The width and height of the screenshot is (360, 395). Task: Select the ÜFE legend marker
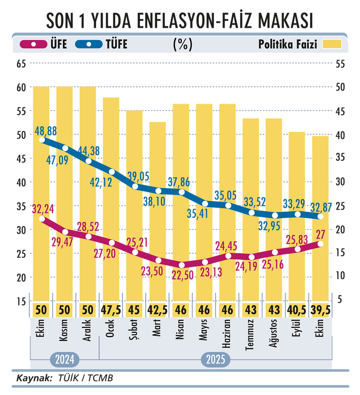pos(34,44)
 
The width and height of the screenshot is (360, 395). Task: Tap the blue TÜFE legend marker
pos(89,44)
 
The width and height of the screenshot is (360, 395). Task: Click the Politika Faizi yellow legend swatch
pos(332,44)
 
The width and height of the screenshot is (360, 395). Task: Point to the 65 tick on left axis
pos(21,64)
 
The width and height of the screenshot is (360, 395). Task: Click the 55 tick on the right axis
pos(340,64)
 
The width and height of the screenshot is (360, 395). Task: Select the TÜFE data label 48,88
pos(46,131)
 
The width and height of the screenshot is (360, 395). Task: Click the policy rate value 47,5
pos(111,310)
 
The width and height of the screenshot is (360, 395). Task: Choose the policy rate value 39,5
pos(320,310)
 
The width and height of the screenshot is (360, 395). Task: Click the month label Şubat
pos(134,329)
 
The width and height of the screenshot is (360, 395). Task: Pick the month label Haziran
pos(227,334)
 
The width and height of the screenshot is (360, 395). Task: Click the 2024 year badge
pos(65,360)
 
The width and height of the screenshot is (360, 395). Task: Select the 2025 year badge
pos(215,360)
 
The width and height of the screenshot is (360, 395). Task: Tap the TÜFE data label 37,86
pos(179,182)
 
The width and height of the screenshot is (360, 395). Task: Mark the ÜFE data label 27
pos(320,235)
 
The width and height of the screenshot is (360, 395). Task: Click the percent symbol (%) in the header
pos(183,44)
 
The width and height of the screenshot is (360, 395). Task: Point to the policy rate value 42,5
pos(157,310)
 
